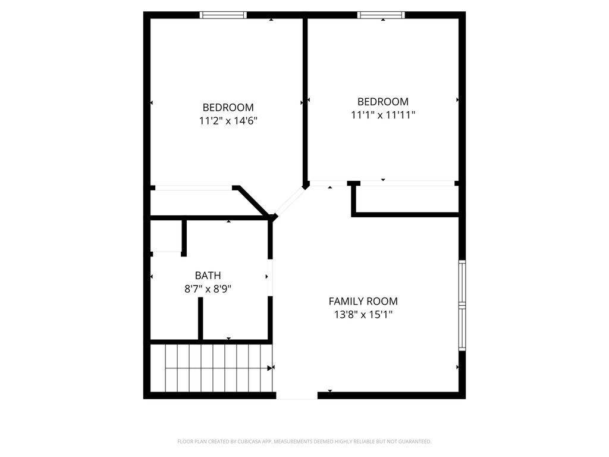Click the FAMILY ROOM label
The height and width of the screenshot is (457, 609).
[363, 301]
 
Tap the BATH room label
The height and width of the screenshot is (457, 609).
[208, 276]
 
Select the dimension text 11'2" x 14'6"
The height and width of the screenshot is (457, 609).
[228, 121]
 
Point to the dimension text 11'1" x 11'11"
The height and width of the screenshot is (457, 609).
[383, 115]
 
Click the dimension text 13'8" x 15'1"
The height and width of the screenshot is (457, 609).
[363, 314]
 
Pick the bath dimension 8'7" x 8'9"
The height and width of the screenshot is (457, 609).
[208, 289]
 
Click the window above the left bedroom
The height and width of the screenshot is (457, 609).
[224, 15]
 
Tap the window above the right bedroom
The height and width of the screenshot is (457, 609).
[381, 15]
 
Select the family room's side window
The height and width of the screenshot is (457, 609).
[462, 305]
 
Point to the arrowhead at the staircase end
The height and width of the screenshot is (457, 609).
[271, 368]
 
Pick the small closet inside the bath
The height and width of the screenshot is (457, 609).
[166, 236]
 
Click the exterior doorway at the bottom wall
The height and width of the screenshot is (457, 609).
[297, 396]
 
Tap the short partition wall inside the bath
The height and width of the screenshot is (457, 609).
[200, 319]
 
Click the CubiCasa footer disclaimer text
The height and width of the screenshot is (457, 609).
[304, 442]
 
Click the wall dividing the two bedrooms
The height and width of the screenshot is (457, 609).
[305, 101]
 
